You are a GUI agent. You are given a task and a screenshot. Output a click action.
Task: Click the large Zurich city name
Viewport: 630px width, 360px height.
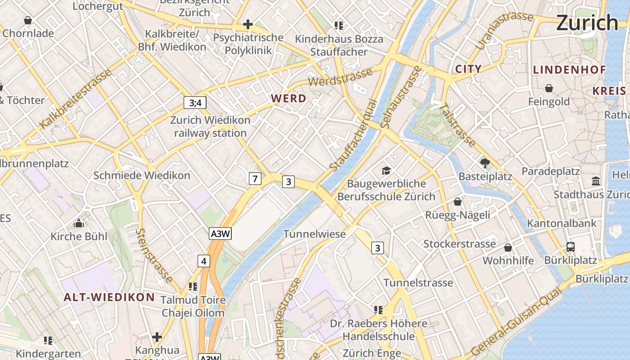587,22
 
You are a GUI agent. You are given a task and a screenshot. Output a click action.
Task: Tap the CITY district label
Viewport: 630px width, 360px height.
468,69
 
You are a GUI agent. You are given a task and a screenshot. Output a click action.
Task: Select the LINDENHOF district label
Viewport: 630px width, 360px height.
569,70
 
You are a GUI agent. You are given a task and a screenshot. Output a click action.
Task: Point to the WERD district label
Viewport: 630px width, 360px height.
288,99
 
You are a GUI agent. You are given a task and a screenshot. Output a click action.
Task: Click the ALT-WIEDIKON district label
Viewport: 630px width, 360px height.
109,297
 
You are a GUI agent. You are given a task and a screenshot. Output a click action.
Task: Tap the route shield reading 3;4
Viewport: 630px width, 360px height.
195,103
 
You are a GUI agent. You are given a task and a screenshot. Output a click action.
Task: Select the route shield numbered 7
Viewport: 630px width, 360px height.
255,179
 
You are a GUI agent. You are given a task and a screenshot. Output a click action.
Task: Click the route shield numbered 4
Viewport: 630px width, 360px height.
204,261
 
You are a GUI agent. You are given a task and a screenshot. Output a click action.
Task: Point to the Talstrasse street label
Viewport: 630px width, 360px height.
457,126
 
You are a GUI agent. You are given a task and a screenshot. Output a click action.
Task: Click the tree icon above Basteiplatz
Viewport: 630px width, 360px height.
485,163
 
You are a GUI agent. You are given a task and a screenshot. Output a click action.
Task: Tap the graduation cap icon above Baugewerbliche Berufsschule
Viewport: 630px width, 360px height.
386,171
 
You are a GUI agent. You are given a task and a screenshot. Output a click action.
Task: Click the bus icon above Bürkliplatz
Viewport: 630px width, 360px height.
570,247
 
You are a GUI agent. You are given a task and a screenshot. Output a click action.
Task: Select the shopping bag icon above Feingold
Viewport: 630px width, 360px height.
549,88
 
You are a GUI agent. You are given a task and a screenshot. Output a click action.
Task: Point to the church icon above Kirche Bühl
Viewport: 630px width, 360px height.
79,223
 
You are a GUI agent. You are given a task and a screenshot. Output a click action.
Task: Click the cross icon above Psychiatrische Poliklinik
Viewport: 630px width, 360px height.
247,24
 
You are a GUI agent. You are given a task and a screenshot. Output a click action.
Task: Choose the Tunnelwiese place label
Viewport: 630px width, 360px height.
315,234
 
